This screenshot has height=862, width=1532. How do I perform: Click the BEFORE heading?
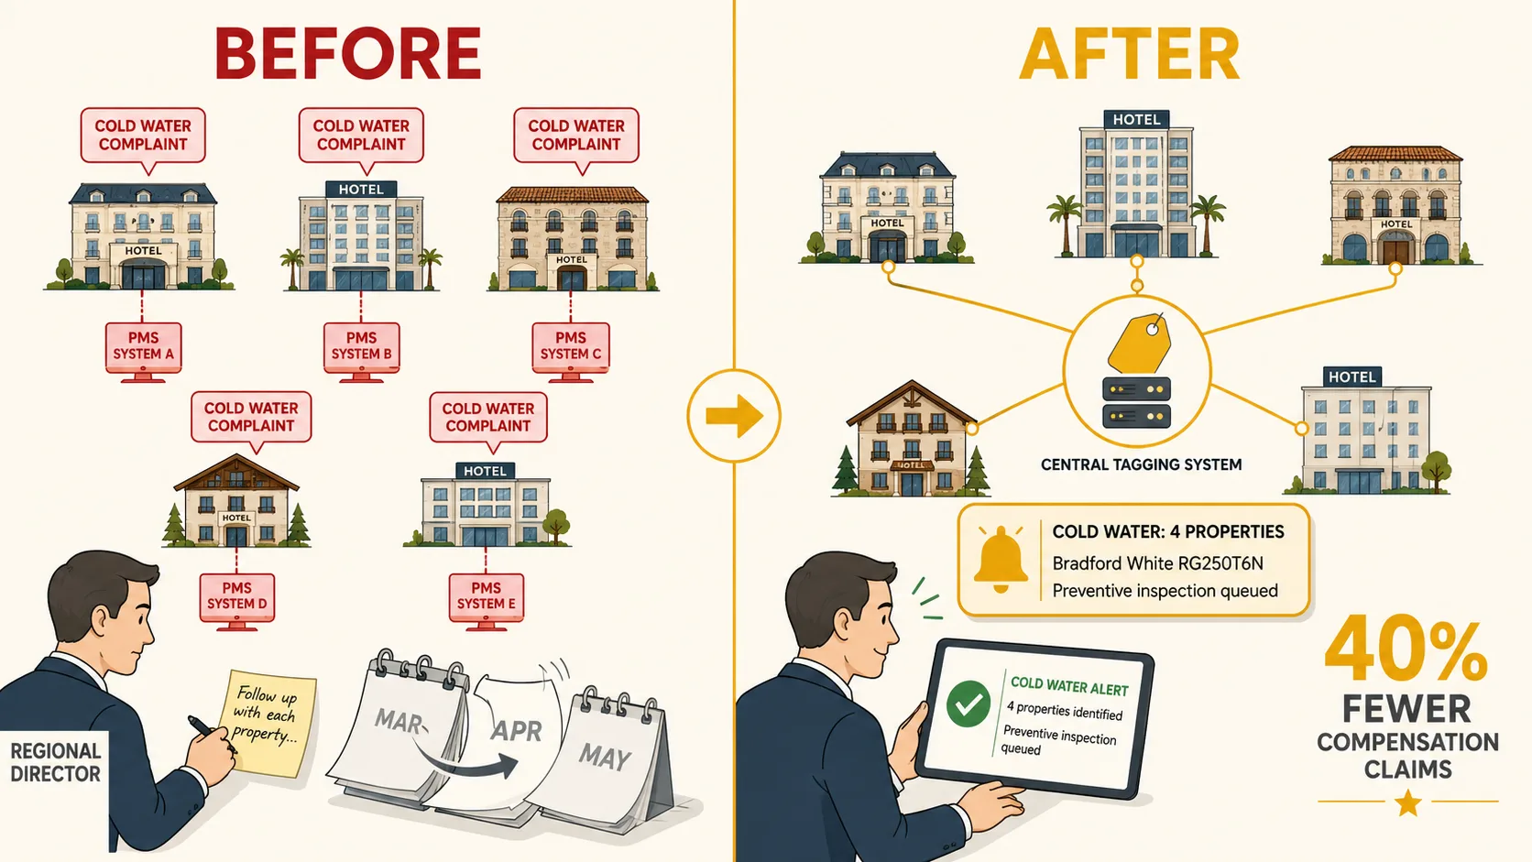[348, 54]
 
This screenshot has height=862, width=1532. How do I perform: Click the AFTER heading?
[1129, 55]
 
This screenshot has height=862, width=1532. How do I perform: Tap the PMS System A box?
[144, 347]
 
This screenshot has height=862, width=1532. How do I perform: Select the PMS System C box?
[571, 347]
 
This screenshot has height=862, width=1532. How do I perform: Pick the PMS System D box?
[236, 596]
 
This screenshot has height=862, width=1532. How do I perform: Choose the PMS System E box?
[487, 596]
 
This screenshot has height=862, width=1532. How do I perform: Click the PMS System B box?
[361, 347]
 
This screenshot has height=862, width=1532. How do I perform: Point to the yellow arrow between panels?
[734, 416]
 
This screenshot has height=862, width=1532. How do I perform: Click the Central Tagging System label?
[1141, 464]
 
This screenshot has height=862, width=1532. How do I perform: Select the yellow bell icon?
[1001, 560]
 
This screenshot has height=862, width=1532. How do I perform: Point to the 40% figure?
[1406, 648]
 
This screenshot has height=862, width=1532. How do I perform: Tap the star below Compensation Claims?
[1408, 802]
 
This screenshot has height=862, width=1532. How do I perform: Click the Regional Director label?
[55, 762]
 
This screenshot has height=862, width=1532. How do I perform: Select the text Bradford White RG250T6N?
[1157, 563]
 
